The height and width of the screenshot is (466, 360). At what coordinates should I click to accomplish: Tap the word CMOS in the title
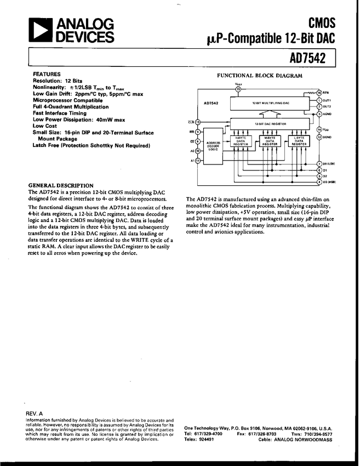pos(322,22)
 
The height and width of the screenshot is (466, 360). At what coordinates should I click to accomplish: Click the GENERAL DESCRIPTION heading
pos(61,185)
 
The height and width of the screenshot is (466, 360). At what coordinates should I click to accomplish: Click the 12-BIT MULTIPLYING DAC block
pos(267,103)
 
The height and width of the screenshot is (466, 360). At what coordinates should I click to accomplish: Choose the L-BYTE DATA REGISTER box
pos(299,141)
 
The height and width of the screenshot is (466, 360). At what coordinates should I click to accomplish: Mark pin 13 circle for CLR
pos(198,122)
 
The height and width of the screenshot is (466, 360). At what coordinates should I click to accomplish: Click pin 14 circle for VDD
pos(319,129)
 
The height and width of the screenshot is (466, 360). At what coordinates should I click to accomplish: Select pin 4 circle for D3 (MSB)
pos(319,182)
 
